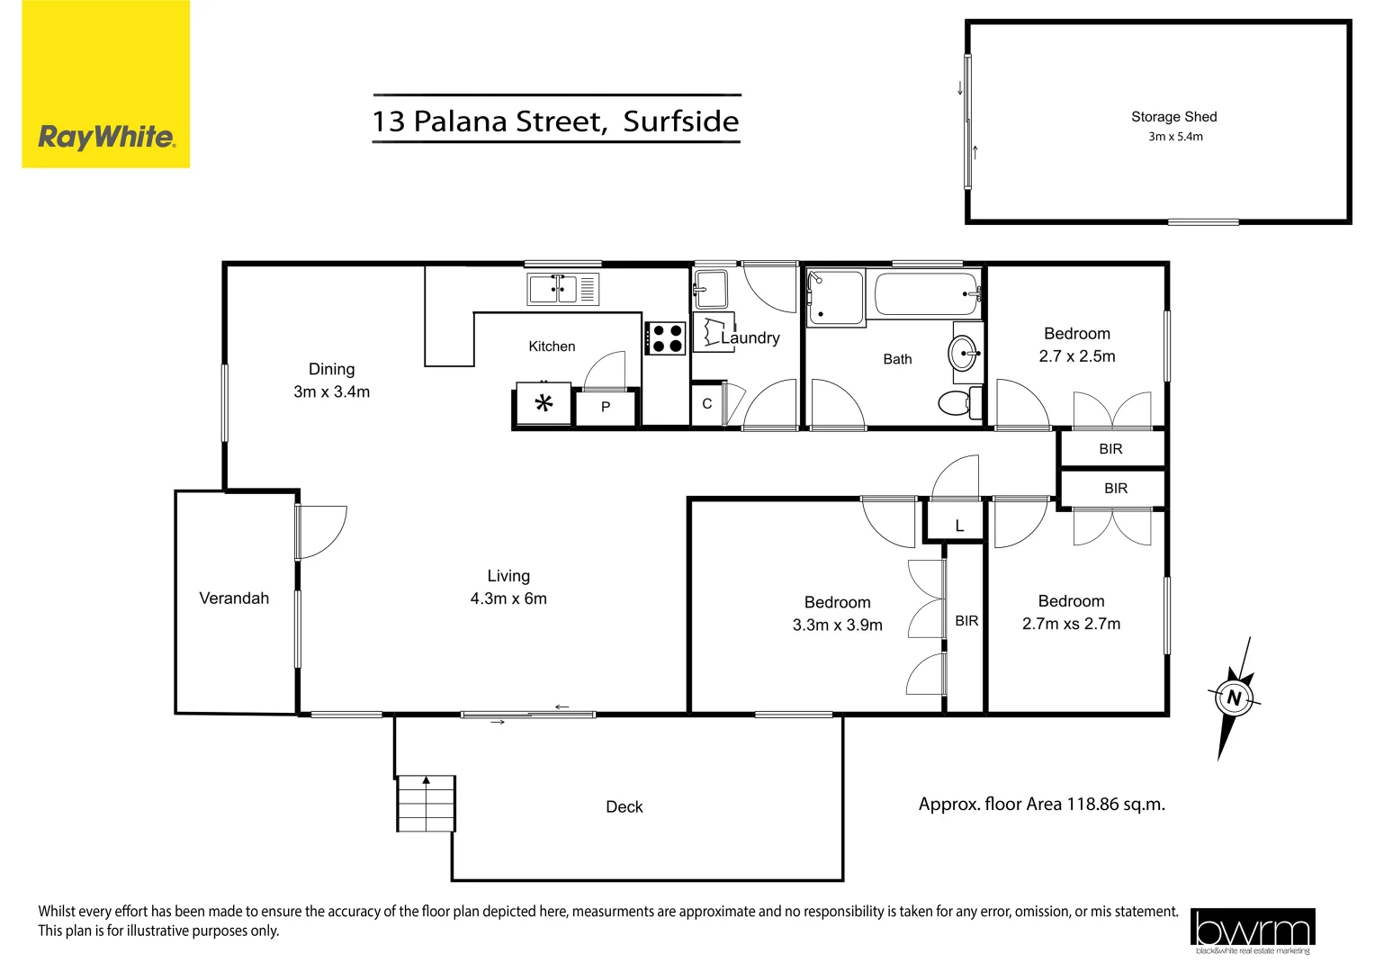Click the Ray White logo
click(x=106, y=137)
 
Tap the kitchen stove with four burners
click(x=666, y=338)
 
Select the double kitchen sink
click(x=553, y=289)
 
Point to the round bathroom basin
click(x=962, y=353)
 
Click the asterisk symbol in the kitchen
click(x=544, y=404)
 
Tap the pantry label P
click(x=606, y=408)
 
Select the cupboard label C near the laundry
click(x=707, y=404)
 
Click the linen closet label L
click(x=959, y=526)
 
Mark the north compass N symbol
click(x=1234, y=698)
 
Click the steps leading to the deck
click(x=427, y=803)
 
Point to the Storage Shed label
click(x=1173, y=117)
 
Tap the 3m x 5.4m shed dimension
click(x=1175, y=137)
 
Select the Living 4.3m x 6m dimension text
click(x=508, y=599)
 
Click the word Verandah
click(x=234, y=598)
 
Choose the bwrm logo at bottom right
click(x=1252, y=931)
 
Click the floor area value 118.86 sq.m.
click(x=1115, y=805)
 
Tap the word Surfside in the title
click(x=681, y=121)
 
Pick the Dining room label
click(x=331, y=370)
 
